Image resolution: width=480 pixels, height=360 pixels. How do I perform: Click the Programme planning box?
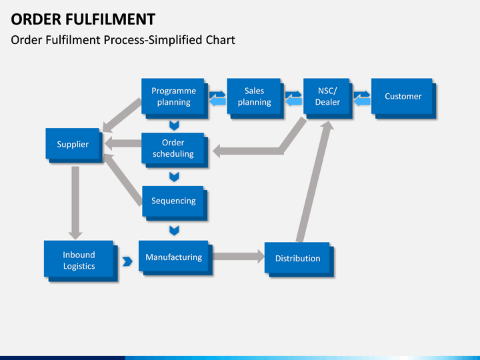click(x=175, y=98)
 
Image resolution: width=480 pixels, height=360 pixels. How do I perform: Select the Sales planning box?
click(x=255, y=98)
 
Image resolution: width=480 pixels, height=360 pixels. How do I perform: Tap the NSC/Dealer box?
click(x=328, y=98)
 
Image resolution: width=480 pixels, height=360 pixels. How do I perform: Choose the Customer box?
click(x=404, y=98)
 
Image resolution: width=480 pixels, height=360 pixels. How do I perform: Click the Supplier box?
click(x=75, y=145)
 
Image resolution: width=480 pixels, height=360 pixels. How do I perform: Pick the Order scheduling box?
click(x=175, y=150)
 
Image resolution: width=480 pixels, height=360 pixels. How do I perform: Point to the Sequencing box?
click(x=175, y=203)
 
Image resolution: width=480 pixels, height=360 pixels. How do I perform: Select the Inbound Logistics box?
click(x=81, y=261)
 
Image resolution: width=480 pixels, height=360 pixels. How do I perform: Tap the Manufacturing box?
click(x=176, y=258)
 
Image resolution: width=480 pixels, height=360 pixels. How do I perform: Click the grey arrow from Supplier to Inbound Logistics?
click(x=75, y=203)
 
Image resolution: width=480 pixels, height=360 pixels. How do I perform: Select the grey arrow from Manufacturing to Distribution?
click(x=239, y=257)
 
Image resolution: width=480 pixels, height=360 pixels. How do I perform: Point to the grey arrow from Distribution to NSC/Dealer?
click(x=315, y=181)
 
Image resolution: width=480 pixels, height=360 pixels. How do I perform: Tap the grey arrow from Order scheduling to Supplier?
click(x=123, y=143)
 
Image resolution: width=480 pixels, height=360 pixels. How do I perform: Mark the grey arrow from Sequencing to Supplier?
click(x=123, y=179)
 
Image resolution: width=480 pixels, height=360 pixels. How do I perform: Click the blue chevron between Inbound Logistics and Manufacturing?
click(x=127, y=261)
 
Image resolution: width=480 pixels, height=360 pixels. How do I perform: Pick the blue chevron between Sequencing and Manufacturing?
click(x=174, y=231)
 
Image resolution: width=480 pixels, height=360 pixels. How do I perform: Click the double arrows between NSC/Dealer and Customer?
click(x=362, y=98)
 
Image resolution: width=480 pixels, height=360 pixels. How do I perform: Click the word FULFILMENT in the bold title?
click(x=111, y=19)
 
